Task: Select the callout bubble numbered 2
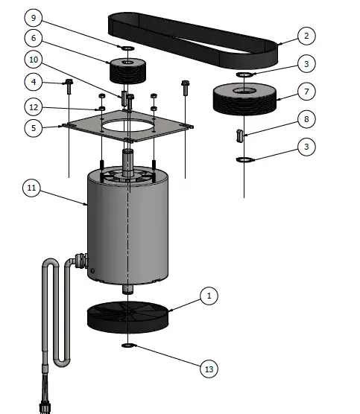305,35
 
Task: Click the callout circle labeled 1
209,296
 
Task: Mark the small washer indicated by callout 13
128,346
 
